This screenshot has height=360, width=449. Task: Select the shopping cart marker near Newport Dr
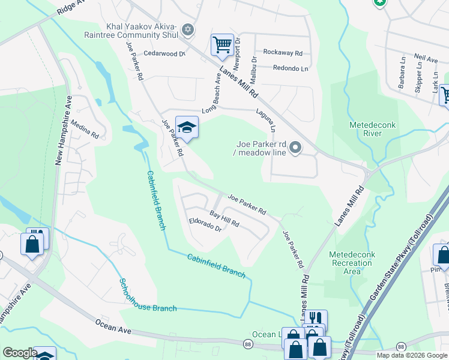tap(222, 45)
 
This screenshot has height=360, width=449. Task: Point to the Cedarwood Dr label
tap(165, 53)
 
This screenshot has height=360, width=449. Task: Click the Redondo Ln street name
tap(290, 68)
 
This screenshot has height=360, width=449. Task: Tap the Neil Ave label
tap(426, 60)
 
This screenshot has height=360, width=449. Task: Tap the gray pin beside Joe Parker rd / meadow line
tap(295, 148)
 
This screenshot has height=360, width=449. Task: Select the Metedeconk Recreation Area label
tap(352, 263)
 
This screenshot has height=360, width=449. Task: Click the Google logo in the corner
tap(20, 353)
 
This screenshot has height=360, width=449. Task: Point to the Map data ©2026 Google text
tap(411, 355)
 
